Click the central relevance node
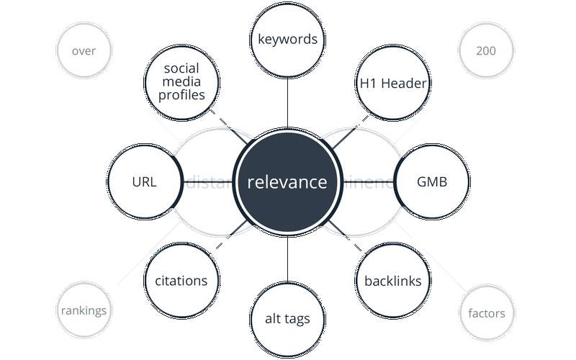(287, 182)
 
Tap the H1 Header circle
(392, 84)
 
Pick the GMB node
(432, 182)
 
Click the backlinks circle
(392, 281)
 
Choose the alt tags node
(288, 319)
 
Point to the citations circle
(181, 281)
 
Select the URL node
(144, 182)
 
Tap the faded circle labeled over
(84, 51)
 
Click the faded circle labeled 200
(485, 51)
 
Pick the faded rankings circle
(84, 311)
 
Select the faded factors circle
(486, 313)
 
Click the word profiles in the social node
(181, 95)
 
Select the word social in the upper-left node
(181, 68)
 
